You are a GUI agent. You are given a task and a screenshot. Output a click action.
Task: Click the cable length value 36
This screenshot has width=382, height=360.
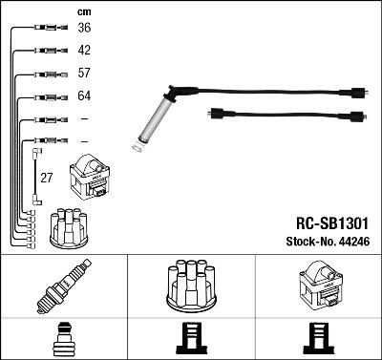pyautogui.click(x=83, y=28)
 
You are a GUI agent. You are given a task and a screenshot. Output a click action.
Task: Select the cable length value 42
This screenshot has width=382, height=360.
pyautogui.click(x=83, y=51)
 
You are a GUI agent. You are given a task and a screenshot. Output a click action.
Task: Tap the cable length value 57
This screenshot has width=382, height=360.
pyautogui.click(x=83, y=74)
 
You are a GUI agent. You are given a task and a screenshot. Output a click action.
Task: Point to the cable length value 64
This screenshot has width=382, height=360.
pyautogui.click(x=83, y=96)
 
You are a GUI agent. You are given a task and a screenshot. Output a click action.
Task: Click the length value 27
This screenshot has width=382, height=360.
pyautogui.click(x=45, y=179)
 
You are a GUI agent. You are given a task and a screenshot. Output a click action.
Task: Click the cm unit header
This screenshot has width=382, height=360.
pyautogui.click(x=82, y=11)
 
